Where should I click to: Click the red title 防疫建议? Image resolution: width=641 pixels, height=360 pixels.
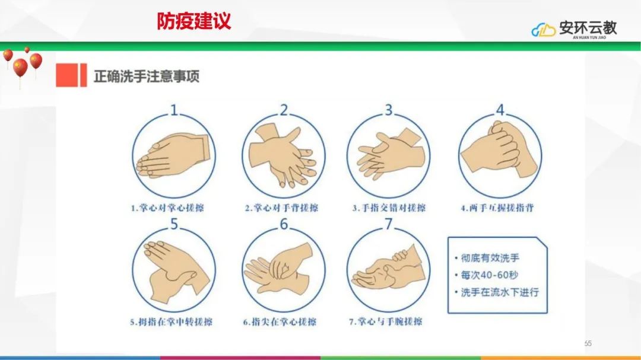pos(194,21)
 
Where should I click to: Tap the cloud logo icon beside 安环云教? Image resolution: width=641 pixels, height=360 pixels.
pos(543,30)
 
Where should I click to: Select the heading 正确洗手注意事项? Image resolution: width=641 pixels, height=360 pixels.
pos(147,77)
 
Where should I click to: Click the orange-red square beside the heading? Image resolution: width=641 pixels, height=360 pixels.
pos(66,75)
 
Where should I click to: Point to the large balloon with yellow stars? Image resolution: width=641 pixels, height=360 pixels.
pos(20,68)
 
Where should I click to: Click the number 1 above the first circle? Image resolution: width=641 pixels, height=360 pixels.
pos(174,110)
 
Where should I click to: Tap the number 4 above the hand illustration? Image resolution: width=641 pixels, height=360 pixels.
pos(500,110)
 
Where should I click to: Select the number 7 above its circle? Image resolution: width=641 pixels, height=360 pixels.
pos(388,224)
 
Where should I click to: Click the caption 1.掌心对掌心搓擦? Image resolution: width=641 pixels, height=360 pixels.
pos(167,208)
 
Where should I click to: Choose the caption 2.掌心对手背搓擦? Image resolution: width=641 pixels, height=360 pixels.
pos(282,208)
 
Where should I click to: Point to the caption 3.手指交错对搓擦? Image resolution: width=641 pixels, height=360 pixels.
pos(389,208)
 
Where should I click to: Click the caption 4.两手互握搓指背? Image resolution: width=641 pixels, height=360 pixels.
pos(497,208)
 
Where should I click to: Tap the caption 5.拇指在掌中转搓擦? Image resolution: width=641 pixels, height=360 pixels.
pos(172,322)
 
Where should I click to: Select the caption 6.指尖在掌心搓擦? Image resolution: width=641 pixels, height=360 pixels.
pos(280,322)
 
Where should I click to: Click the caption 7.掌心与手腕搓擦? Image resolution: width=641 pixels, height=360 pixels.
pos(386,322)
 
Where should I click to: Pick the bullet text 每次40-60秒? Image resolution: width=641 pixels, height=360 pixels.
pos(489,275)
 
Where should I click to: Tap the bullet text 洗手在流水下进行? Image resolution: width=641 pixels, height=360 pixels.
pos(500,292)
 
